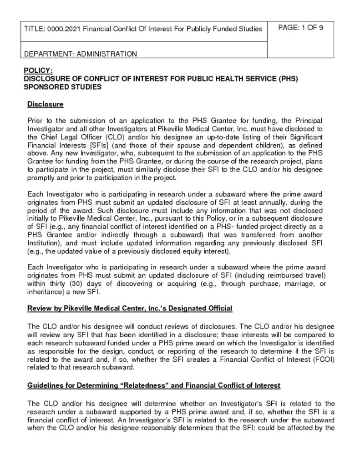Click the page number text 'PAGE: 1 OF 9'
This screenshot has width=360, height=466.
click(300, 28)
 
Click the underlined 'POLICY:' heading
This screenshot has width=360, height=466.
click(38, 71)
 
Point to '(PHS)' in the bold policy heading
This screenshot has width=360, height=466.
click(288, 79)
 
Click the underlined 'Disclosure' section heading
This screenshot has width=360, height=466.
click(45, 104)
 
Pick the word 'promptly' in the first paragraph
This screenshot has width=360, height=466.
click(41, 177)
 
